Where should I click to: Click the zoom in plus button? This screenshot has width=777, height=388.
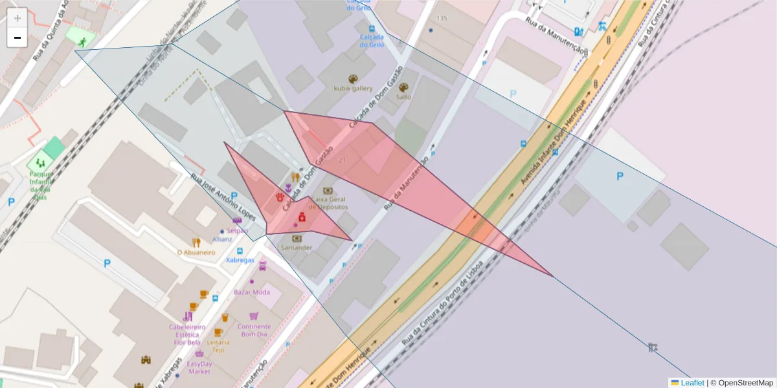point(17,17)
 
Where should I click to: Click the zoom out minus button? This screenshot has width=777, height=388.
point(17,38)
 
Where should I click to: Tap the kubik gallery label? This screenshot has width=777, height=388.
point(353,88)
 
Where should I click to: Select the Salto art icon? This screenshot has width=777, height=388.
point(404,87)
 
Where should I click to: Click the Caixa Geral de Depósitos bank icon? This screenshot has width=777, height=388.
point(328,191)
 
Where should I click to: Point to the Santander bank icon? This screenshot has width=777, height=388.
point(297,239)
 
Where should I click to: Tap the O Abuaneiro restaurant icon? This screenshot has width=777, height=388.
point(196,242)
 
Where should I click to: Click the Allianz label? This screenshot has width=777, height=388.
point(222,239)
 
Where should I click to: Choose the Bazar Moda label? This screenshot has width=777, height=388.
point(252,292)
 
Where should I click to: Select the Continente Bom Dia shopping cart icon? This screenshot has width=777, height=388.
point(254,316)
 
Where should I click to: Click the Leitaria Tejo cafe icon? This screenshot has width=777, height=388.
point(218,332)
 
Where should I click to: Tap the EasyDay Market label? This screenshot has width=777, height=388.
point(199,367)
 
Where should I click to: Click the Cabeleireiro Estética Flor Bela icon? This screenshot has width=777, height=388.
point(188,316)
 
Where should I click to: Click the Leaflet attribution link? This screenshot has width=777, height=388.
point(692,383)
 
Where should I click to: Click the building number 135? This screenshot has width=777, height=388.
point(442,18)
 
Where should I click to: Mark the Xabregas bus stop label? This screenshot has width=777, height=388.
point(240,260)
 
